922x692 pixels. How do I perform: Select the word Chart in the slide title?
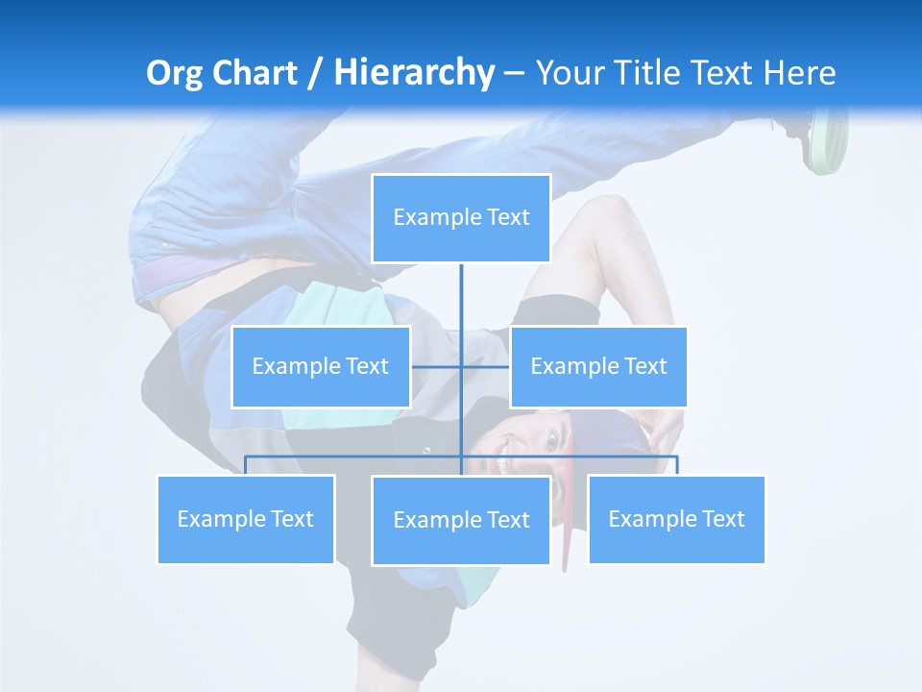click(x=254, y=73)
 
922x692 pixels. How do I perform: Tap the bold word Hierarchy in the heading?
click(x=413, y=73)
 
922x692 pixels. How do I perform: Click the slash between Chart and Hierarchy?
click(x=314, y=74)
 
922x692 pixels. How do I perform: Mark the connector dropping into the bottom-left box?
click(x=246, y=465)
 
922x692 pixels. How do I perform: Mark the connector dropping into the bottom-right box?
click(x=677, y=465)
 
